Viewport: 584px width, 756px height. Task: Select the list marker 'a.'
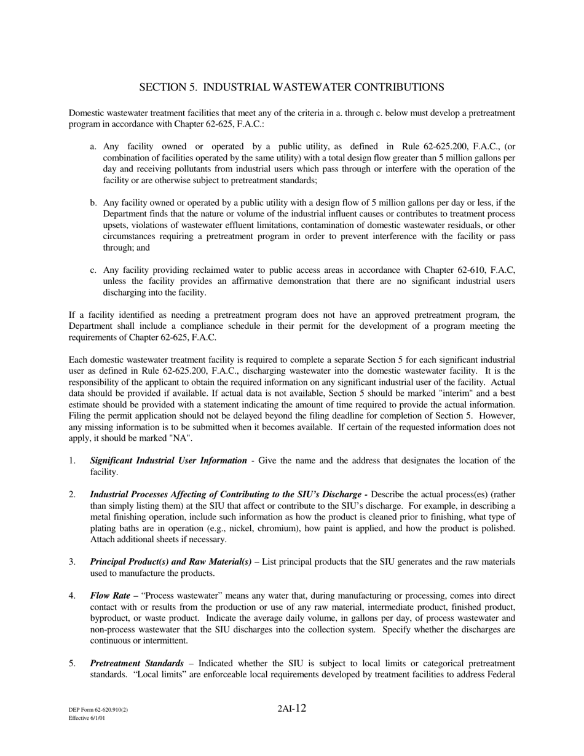[x=93, y=147]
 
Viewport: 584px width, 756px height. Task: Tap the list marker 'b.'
[x=93, y=203]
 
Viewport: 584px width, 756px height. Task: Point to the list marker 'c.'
[x=93, y=270]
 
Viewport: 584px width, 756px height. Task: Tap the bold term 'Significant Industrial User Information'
[x=168, y=460]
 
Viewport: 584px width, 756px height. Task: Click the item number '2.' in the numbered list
[x=73, y=494]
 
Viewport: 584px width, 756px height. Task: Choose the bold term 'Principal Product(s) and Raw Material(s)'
[x=170, y=562]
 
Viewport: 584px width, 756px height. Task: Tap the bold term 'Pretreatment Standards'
[x=136, y=663]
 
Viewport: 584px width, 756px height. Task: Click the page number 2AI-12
[x=291, y=708]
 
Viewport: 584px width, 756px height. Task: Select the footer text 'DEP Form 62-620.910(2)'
[x=98, y=711]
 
